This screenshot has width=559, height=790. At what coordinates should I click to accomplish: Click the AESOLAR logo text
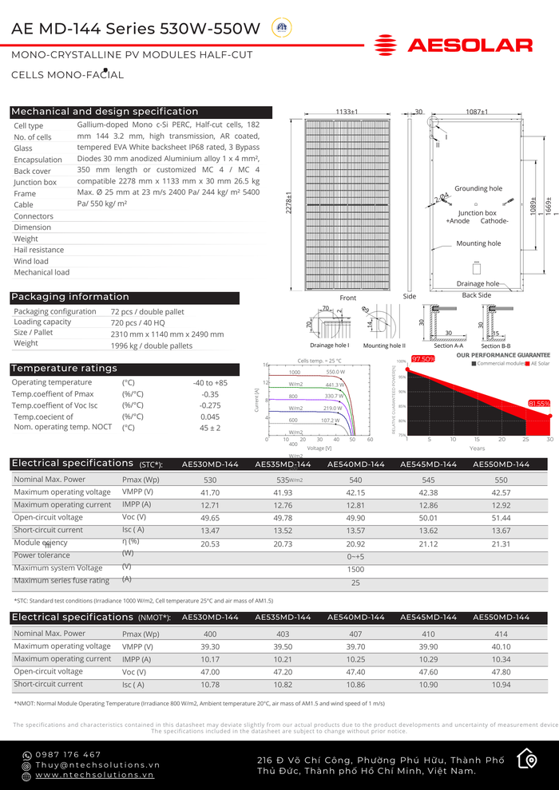[470, 45]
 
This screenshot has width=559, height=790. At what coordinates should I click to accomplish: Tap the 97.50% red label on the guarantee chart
[422, 359]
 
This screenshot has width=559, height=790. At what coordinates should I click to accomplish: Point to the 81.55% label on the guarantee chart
[539, 404]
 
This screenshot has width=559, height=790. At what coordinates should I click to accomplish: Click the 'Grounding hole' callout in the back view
[478, 189]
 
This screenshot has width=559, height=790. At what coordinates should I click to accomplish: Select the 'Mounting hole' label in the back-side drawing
[478, 243]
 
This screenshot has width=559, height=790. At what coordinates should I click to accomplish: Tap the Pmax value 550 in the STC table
[501, 480]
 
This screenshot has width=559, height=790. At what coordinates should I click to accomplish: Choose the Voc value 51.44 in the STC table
[501, 518]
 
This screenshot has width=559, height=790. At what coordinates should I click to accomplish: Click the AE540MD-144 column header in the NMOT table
[355, 618]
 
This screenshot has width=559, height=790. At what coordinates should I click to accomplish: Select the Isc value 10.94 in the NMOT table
[501, 685]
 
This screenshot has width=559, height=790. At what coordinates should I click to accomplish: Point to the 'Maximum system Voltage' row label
[58, 568]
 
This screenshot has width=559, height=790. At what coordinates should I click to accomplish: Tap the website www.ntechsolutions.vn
[94, 775]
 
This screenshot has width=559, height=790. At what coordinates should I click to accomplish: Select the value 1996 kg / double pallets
[152, 346]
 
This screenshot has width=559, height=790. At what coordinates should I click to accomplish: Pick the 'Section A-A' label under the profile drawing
[449, 346]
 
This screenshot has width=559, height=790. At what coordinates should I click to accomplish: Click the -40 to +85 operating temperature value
[210, 383]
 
